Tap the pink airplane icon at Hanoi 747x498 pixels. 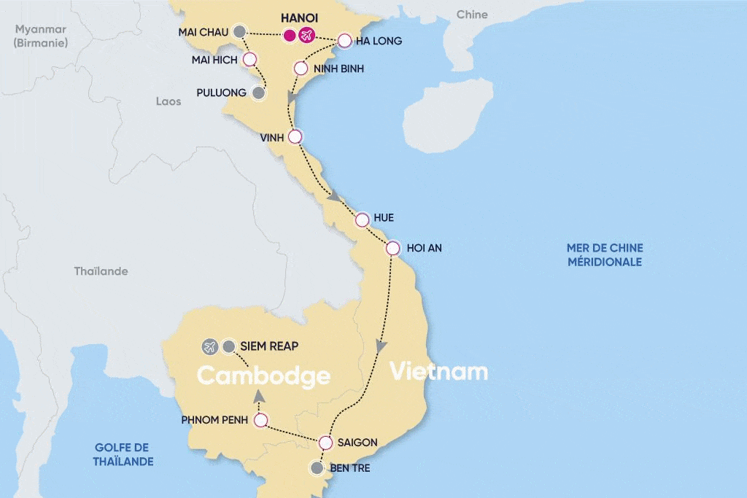(x=306, y=35)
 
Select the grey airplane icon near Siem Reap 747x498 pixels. (x=211, y=346)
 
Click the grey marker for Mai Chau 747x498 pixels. (x=239, y=31)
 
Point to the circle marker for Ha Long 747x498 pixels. (x=345, y=41)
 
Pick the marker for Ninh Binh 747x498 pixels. (x=301, y=69)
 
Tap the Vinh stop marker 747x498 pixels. (x=295, y=136)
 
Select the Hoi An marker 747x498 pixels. (x=393, y=248)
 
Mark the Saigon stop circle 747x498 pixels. (x=326, y=442)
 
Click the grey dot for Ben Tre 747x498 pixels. (x=316, y=468)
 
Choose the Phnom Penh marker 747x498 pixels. (x=260, y=420)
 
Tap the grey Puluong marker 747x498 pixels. (x=258, y=93)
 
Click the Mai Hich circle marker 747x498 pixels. (x=249, y=59)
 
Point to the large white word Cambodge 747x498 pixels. (x=263, y=376)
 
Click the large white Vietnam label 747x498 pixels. (x=438, y=371)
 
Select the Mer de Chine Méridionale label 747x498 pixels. (x=605, y=255)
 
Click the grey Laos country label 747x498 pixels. (x=169, y=101)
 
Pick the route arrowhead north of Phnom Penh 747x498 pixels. (x=258, y=396)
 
